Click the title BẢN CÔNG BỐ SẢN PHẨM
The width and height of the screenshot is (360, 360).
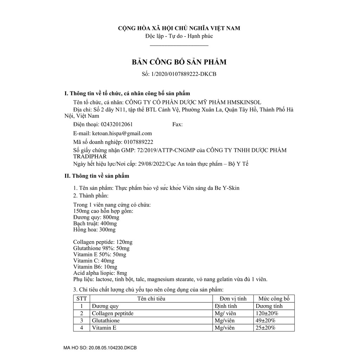click(179, 62)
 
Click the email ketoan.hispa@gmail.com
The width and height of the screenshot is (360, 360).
click(122, 133)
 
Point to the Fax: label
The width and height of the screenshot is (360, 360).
click(178, 124)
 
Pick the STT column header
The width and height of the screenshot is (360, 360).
click(82, 299)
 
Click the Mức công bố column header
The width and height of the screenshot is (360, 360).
click(274, 299)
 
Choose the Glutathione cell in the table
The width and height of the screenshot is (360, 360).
click(105, 321)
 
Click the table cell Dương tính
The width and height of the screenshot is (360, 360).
click(269, 306)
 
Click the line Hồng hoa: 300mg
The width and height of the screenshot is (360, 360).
click(94, 230)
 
